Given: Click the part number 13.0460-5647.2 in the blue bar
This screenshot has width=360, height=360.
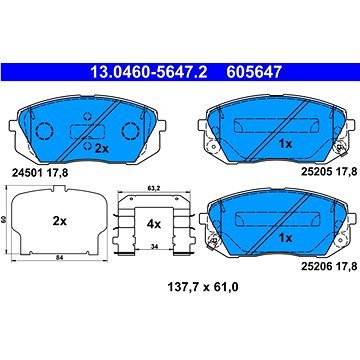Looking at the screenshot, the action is [149, 72].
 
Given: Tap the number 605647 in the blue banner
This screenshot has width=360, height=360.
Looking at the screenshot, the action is [254, 72].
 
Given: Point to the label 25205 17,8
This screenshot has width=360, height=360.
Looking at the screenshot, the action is [329, 171].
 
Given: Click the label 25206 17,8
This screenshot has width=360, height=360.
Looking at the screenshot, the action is [329, 267].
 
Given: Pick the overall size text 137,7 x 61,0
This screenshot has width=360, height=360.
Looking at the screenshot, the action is [203, 287].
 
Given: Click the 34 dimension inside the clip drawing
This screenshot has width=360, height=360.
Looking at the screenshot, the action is [154, 247].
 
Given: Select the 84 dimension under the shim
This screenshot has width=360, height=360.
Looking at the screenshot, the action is [59, 257].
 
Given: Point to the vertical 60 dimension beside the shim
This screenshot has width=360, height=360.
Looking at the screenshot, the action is [4, 220].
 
